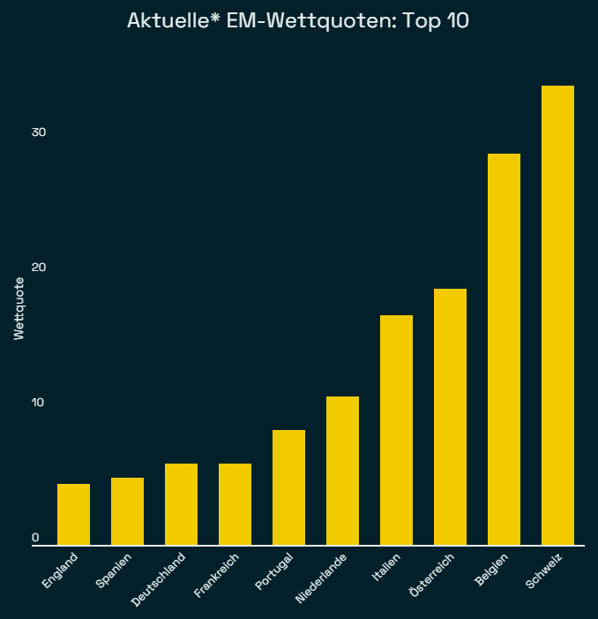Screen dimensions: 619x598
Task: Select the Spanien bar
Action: point(127,511)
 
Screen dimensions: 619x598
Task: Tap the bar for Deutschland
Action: point(181,504)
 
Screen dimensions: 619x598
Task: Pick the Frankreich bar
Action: point(235,504)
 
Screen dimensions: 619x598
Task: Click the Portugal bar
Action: point(288,487)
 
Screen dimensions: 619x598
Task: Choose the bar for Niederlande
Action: point(342,471)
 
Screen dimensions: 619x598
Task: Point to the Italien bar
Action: point(396,430)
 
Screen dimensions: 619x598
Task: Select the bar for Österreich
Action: point(450,417)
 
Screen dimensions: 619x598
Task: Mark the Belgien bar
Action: point(504,350)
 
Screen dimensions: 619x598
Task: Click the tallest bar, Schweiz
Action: point(557,315)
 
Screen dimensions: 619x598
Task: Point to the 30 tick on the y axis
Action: point(38,132)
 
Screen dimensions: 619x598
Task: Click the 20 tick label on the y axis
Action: point(38,268)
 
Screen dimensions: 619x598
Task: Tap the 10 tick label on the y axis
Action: point(38,403)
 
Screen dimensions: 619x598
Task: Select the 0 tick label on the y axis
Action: point(36,538)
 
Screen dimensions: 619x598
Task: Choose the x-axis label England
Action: point(61,570)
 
